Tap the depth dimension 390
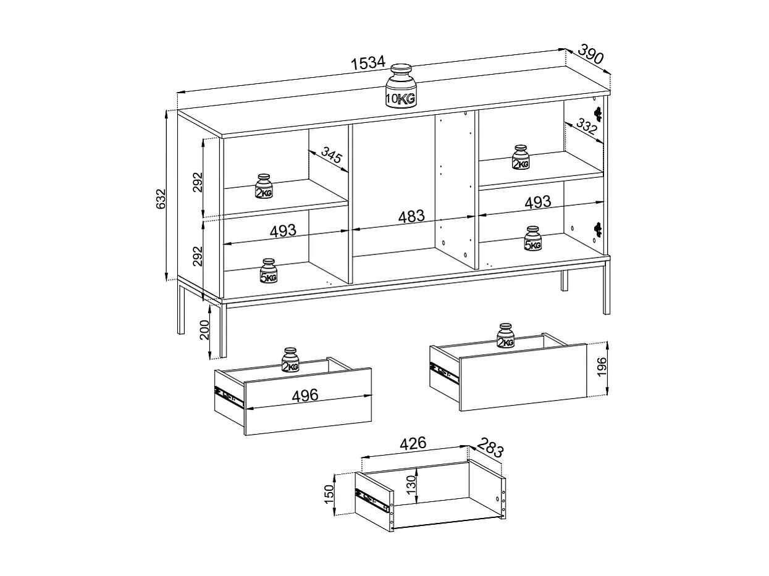tap(591, 55)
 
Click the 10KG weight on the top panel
tap(401, 86)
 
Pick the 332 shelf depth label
tap(586, 128)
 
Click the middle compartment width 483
tap(411, 217)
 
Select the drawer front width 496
tap(305, 394)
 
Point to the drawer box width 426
tap(413, 443)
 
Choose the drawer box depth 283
tap(491, 449)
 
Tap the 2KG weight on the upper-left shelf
tap(264, 186)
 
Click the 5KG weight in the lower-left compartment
tap(268, 270)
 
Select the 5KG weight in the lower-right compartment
tap(532, 238)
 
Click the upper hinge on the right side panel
tap(597, 113)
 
